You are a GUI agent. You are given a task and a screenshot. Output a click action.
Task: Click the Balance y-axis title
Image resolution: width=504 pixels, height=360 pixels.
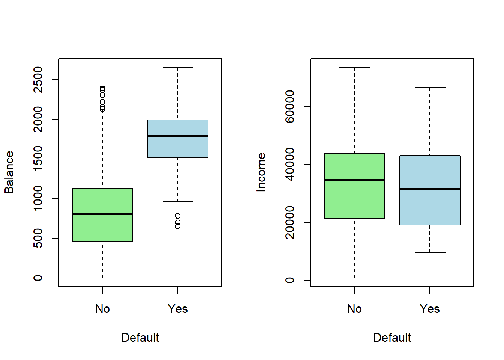[x=9, y=172]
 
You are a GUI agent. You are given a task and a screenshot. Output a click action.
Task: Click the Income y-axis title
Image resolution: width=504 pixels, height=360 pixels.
[x=261, y=172]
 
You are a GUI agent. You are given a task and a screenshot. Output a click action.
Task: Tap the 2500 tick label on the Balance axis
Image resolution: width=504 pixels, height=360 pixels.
[x=38, y=79]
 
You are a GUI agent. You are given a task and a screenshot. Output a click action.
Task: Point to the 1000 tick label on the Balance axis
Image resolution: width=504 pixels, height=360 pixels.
[x=38, y=198]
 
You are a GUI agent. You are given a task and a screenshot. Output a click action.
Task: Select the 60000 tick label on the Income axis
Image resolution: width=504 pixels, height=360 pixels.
[x=290, y=106]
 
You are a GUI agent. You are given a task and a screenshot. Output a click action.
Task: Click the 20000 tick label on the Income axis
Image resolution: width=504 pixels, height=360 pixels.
[x=290, y=222]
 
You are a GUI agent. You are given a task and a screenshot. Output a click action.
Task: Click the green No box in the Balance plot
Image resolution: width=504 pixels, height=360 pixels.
[x=102, y=229]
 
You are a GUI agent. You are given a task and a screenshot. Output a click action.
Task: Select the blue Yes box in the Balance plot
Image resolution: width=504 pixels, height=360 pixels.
[x=178, y=148]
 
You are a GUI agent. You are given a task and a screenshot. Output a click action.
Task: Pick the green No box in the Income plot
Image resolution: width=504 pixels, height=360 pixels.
[x=354, y=199]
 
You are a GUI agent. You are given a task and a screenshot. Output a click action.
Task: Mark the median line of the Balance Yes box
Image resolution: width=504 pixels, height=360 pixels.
[x=178, y=136]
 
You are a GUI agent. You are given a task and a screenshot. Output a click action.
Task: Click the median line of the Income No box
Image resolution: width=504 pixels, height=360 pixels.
[x=354, y=180]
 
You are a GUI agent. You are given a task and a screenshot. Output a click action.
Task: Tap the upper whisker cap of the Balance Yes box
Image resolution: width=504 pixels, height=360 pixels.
[x=178, y=67]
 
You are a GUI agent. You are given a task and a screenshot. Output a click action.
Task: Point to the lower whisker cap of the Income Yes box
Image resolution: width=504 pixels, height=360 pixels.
[x=430, y=252]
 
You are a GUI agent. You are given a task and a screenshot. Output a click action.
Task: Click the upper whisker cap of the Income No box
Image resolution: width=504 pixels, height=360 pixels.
[x=354, y=67]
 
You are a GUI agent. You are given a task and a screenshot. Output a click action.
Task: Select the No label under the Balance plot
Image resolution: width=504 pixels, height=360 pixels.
[x=102, y=309]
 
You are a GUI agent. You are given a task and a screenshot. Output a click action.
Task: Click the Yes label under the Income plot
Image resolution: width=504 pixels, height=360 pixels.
[x=430, y=309]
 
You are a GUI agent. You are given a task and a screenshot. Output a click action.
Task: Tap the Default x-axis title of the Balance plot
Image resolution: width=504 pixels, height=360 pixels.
[x=140, y=337]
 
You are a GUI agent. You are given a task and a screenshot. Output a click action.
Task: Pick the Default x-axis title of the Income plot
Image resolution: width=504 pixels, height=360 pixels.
[x=392, y=337]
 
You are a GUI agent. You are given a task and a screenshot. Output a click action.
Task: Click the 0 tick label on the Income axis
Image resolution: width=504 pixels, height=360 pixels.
[x=290, y=280]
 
